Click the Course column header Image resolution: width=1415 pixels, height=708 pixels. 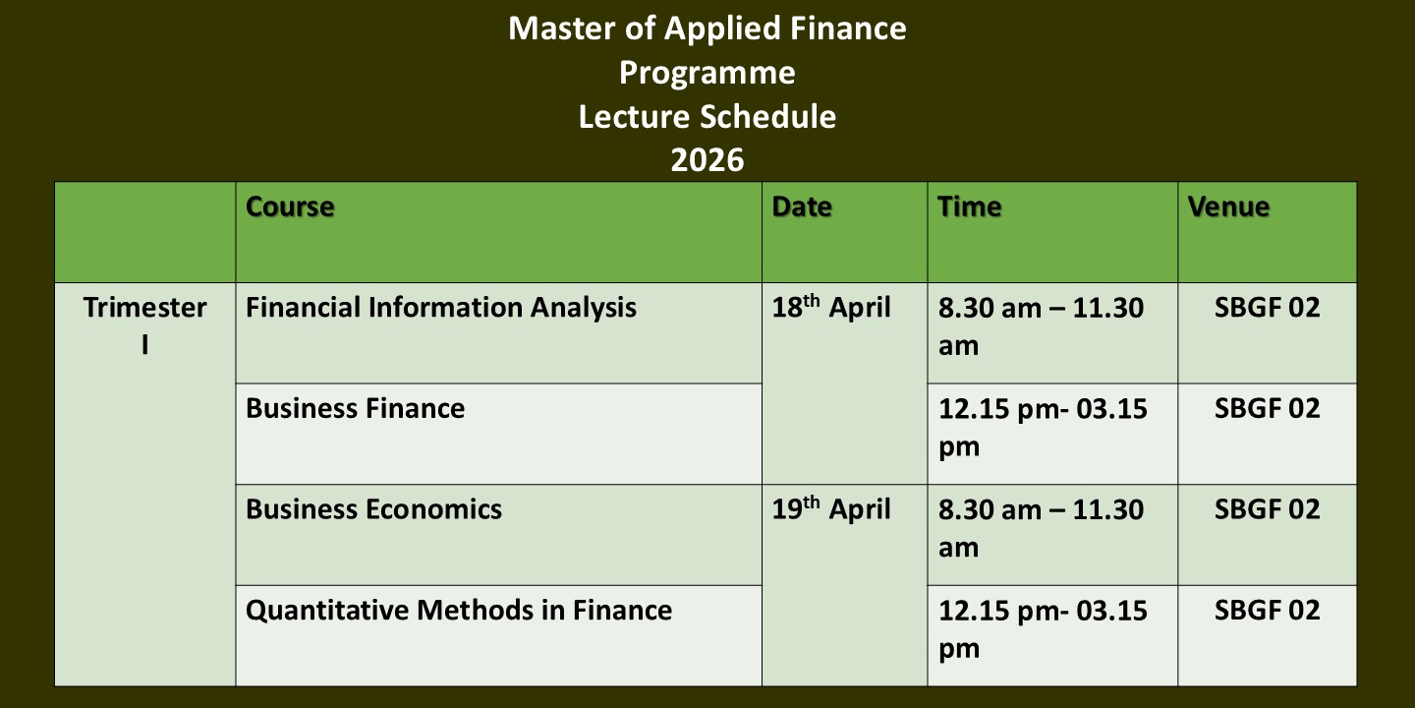click(290, 206)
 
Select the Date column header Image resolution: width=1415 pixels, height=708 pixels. click(802, 206)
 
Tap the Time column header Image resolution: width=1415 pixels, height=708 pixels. click(969, 206)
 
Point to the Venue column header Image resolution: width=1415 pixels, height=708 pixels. click(1228, 206)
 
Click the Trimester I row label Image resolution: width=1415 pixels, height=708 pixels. click(145, 326)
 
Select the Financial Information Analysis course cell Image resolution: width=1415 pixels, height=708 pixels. click(441, 308)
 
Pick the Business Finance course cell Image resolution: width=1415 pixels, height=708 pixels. click(355, 408)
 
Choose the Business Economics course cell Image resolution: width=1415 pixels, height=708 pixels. click(373, 509)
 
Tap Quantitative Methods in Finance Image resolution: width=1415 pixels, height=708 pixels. click(459, 611)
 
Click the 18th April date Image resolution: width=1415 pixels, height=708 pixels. click(830, 307)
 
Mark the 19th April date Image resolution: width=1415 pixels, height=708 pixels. click(830, 509)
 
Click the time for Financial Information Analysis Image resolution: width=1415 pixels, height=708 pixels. click(1041, 326)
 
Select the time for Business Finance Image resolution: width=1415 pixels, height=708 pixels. click(1043, 428)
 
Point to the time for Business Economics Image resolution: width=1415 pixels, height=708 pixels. click(1041, 528)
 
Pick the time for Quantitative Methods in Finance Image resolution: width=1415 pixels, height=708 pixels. click(1043, 629)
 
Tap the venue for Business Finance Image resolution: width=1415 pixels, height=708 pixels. click(1268, 408)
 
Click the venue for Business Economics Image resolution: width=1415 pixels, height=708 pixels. click(1268, 509)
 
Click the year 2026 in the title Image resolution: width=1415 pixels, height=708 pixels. click(707, 160)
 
